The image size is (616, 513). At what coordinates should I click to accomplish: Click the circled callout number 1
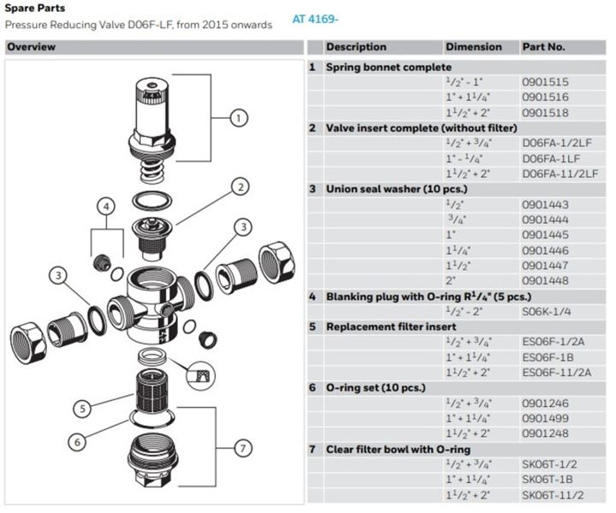[239, 118]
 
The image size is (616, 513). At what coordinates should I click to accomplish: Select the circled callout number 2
[240, 187]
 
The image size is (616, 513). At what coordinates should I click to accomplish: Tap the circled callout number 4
[106, 207]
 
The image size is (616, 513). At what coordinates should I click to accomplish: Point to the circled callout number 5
[82, 409]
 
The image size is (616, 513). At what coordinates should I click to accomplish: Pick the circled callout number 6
[77, 442]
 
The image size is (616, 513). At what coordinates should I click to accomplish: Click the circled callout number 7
[243, 448]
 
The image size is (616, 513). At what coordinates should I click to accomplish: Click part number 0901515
[545, 82]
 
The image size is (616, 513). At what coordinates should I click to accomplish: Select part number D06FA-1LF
[551, 158]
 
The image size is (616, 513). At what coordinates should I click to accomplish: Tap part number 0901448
[545, 280]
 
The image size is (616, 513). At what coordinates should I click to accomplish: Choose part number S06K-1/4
[546, 311]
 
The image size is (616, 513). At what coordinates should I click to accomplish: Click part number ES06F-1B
[548, 357]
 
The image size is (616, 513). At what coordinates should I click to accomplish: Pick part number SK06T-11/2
[553, 495]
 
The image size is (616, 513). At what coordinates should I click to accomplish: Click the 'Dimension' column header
[473, 47]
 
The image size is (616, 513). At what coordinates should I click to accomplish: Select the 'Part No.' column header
[543, 47]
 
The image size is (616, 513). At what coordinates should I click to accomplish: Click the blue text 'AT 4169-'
[315, 19]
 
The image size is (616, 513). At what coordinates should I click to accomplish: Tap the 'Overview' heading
[31, 47]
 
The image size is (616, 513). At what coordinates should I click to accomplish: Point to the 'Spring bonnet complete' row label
[388, 68]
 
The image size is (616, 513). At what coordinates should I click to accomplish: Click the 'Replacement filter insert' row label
[391, 327]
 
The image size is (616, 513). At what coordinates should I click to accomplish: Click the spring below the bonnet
[151, 171]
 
